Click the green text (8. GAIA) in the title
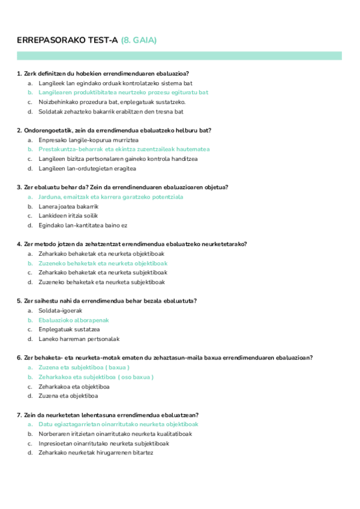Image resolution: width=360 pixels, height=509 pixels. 139,40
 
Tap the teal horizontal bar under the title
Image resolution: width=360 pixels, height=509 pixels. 179,56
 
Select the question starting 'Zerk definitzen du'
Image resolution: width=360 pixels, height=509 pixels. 103,73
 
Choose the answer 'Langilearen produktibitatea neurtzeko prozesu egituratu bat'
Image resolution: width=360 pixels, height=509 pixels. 123,92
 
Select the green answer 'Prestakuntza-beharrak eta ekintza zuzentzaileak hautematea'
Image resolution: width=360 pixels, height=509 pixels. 124,149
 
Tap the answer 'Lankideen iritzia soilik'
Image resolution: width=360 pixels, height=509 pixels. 68,215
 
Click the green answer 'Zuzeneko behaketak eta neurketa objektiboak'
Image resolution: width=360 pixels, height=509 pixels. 103,263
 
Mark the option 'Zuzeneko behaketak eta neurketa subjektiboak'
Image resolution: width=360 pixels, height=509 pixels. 101,282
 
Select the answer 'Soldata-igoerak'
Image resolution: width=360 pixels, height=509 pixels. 60,310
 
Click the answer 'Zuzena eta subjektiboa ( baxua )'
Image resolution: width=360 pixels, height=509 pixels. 84,367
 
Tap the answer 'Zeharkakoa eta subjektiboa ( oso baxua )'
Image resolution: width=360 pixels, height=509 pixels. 96,377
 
